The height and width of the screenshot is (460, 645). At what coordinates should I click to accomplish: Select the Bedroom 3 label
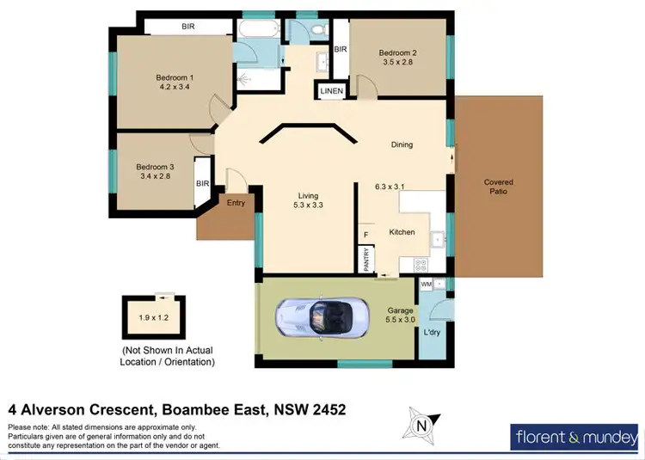pyautogui.click(x=155, y=167)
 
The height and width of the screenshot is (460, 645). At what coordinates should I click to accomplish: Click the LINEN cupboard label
pyautogui.click(x=332, y=90)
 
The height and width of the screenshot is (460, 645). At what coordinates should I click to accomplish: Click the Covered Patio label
pyautogui.click(x=499, y=186)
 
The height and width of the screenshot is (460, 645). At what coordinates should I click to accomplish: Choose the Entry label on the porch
pyautogui.click(x=236, y=203)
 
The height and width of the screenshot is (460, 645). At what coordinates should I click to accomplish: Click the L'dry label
pyautogui.click(x=433, y=331)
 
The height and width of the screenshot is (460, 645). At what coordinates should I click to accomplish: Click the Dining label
pyautogui.click(x=402, y=144)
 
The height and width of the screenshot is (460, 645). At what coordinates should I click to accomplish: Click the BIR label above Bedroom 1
pyautogui.click(x=188, y=27)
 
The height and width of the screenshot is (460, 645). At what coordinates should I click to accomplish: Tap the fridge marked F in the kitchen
pyautogui.click(x=365, y=234)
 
